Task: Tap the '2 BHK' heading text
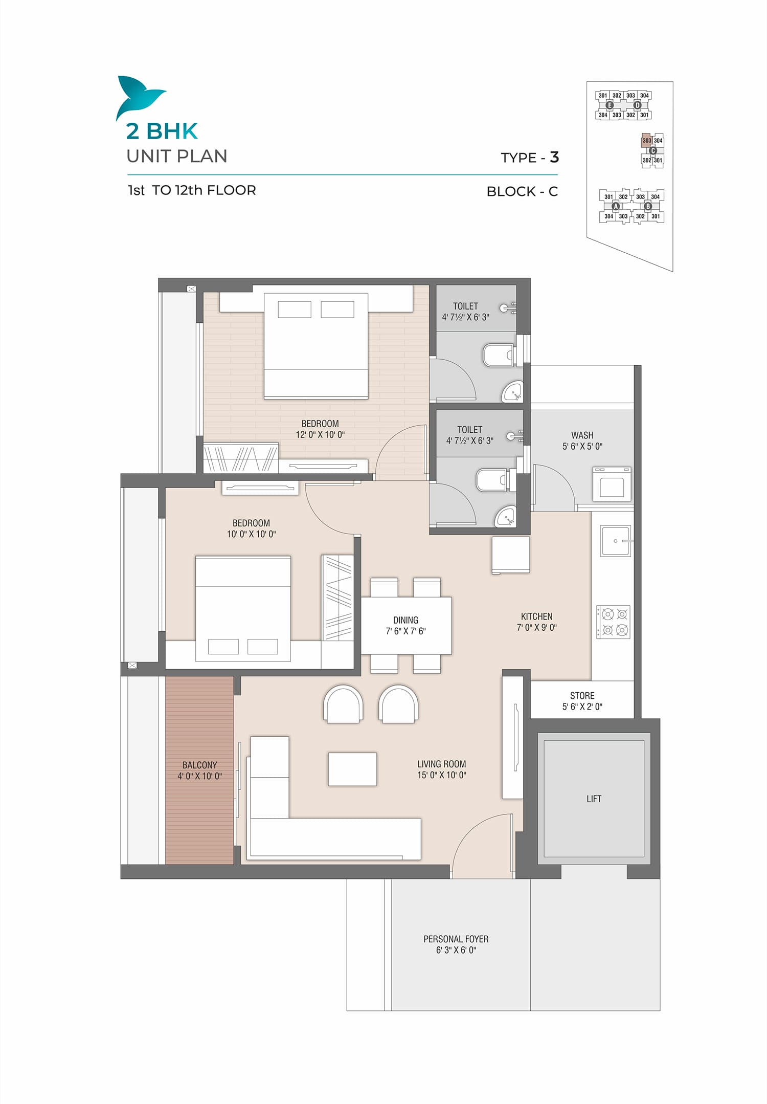(x=162, y=131)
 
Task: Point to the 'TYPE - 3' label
(x=530, y=158)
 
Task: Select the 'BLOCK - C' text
(x=522, y=191)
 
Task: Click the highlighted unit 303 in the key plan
(x=647, y=141)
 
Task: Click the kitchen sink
(x=616, y=541)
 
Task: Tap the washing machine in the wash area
(x=612, y=483)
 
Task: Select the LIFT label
(x=594, y=799)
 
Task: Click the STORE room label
(x=582, y=696)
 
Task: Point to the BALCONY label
(x=199, y=765)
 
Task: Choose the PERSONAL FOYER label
(x=456, y=939)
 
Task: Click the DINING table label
(x=405, y=620)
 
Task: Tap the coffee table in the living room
(x=352, y=769)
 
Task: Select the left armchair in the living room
(x=344, y=704)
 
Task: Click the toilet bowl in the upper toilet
(x=498, y=355)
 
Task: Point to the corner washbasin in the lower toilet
(x=507, y=517)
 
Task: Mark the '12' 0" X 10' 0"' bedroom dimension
(x=320, y=435)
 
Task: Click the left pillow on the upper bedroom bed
(x=295, y=310)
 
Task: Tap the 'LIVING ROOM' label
(x=441, y=764)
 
